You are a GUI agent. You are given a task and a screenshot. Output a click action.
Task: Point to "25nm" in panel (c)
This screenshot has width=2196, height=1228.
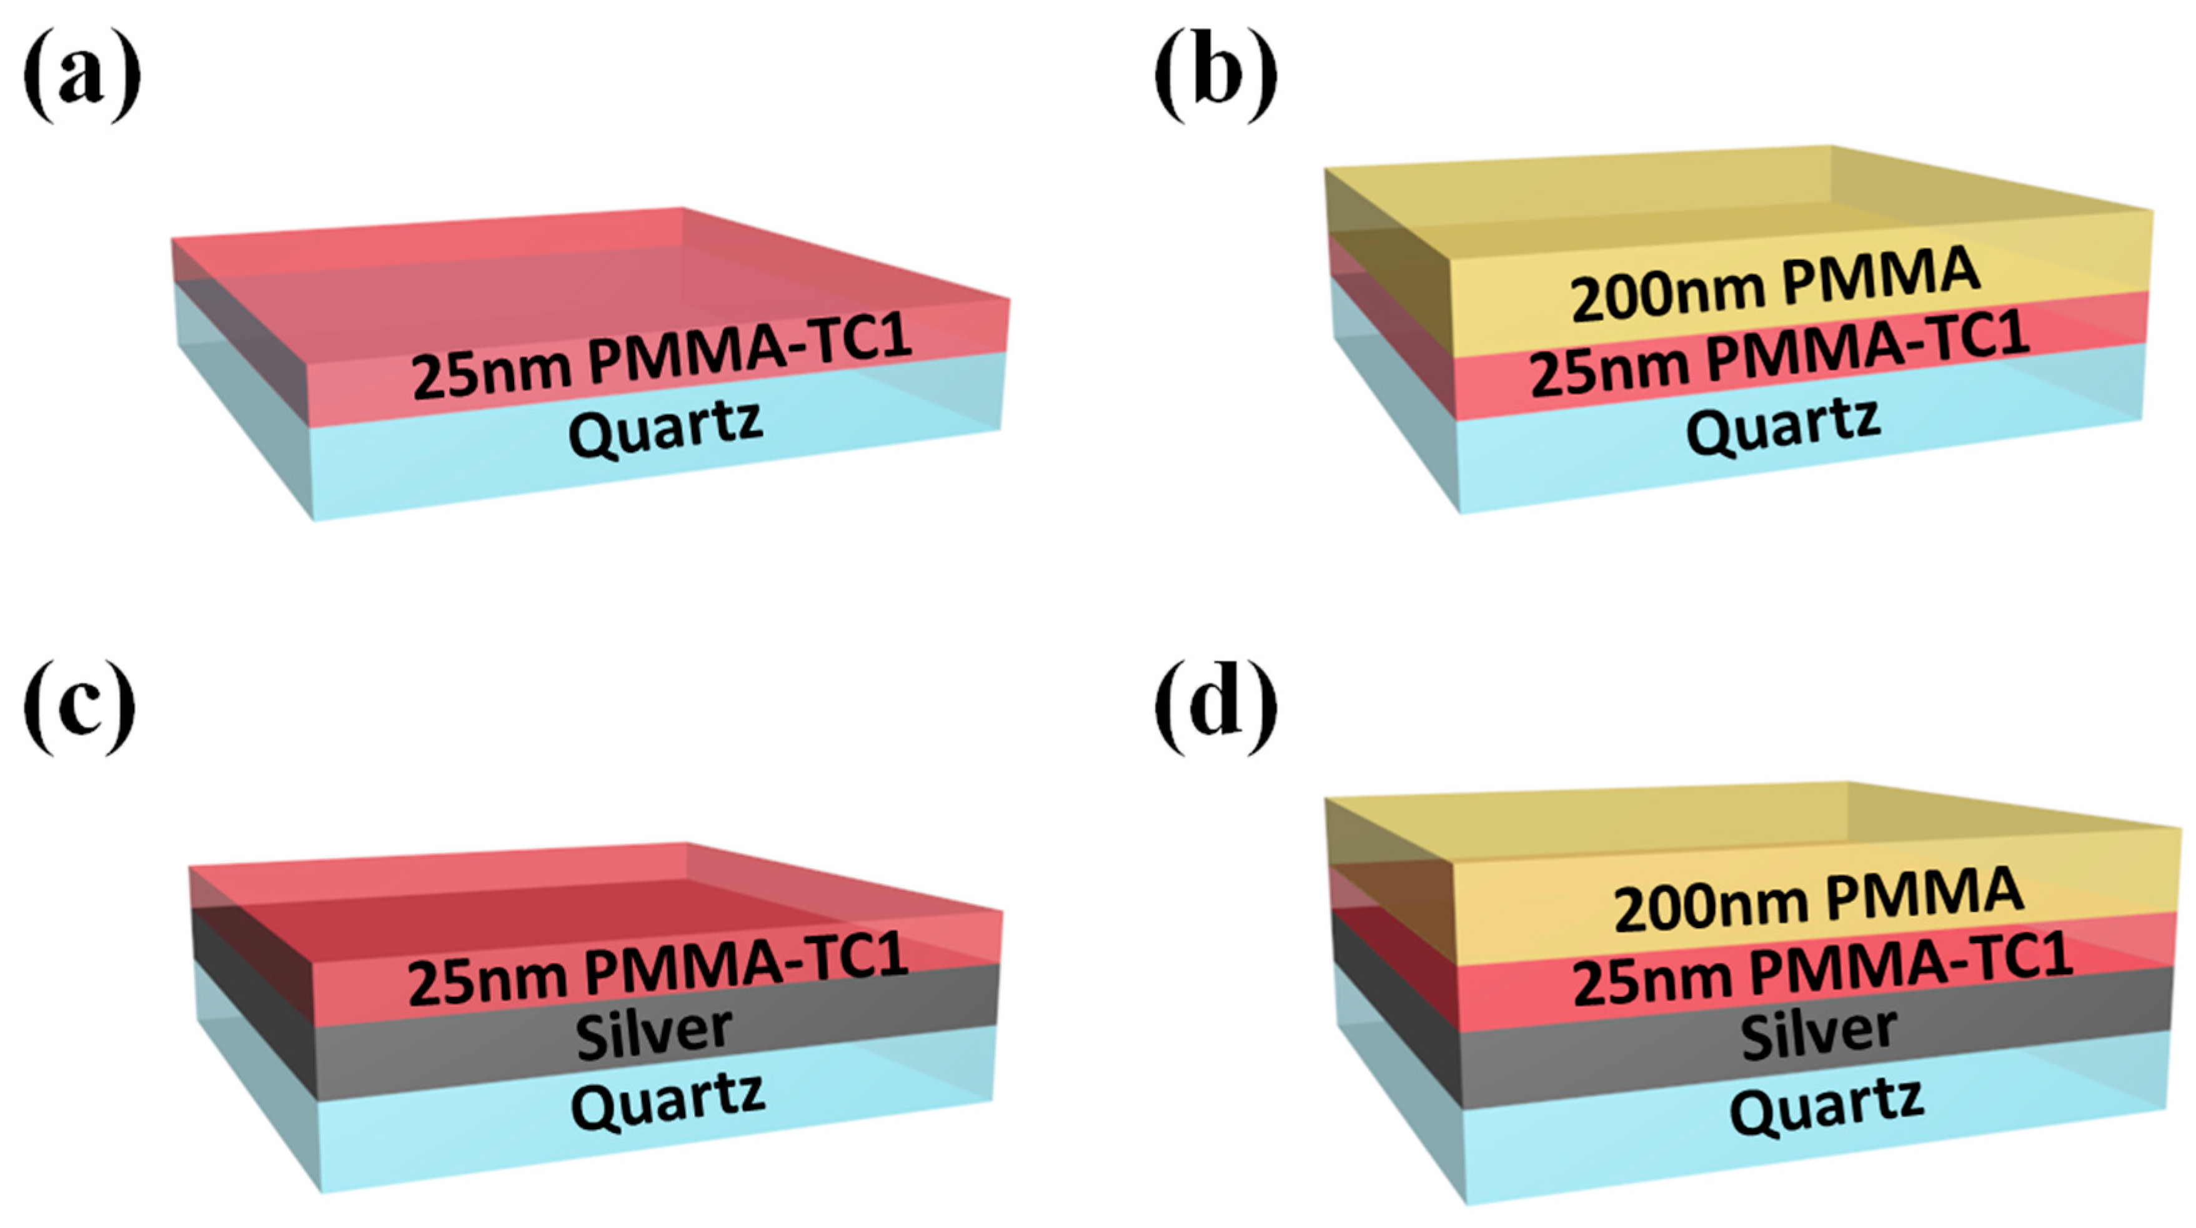point(486,980)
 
